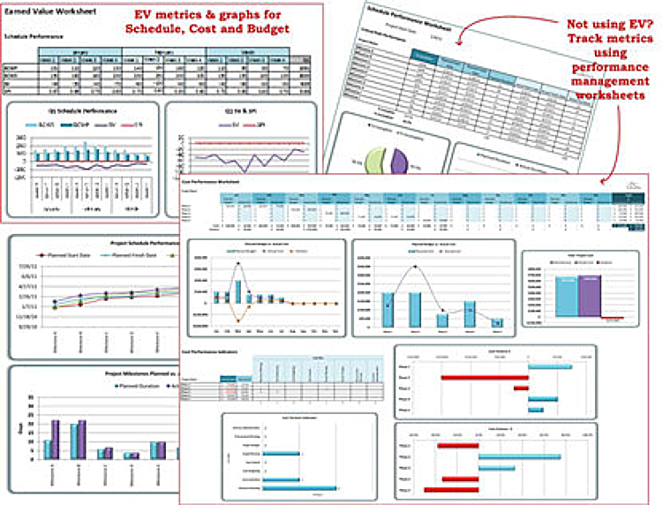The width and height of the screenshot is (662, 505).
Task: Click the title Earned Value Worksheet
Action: point(49,16)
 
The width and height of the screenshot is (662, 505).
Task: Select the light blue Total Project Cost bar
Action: point(565,296)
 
